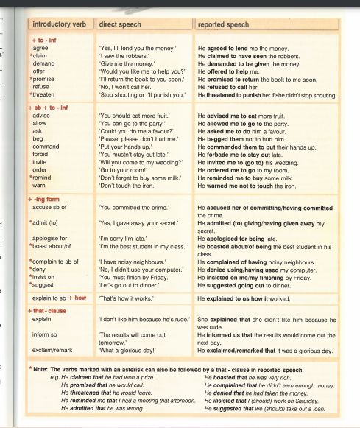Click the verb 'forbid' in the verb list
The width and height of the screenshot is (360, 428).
tap(43, 155)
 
